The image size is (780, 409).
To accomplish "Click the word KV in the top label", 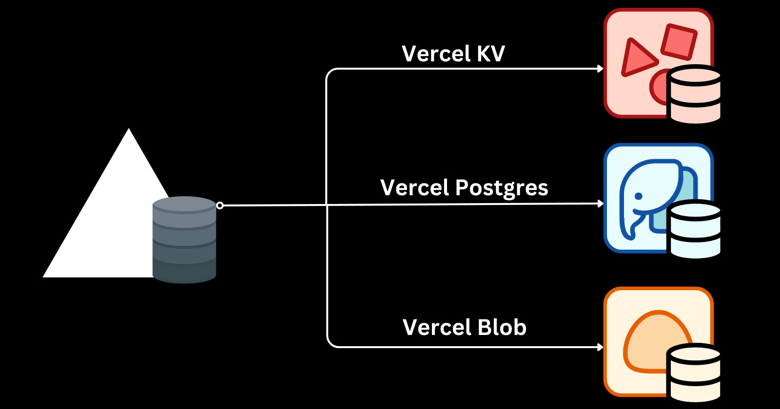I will point(490,54).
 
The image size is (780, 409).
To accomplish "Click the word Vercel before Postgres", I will point(415,187).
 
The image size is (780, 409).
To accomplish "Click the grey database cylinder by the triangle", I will point(184,240).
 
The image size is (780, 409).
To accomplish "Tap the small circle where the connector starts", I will point(220,205).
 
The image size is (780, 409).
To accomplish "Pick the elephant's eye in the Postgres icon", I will point(638,196).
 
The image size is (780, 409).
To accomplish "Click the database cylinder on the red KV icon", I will point(695,94).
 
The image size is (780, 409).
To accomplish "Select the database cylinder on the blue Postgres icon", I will point(695,229).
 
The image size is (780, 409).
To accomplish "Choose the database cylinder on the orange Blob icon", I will point(695,373).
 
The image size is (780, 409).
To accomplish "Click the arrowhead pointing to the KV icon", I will point(601,69).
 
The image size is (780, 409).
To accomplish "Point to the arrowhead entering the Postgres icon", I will point(601,204).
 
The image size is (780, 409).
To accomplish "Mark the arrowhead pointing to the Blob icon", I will point(601,347).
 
